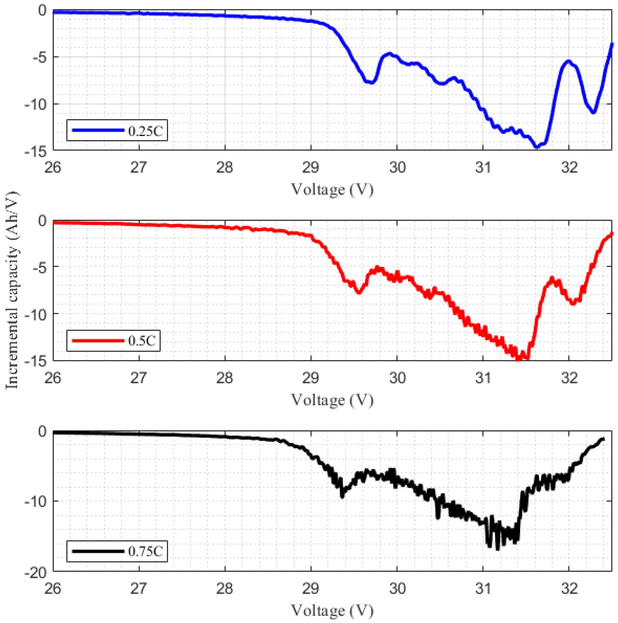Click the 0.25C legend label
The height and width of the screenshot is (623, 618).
pos(145,131)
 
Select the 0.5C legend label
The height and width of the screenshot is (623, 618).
pos(142,340)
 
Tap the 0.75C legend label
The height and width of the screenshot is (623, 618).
pos(145,551)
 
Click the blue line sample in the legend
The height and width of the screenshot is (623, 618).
pos(98,130)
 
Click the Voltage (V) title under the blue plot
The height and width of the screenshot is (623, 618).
pos(332,190)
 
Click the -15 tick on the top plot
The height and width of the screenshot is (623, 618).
pos(37,151)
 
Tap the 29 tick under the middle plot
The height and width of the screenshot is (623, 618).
pos(311,378)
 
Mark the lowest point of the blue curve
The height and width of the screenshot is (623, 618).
pos(536,147)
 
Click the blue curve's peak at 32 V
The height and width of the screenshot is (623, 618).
pos(568,61)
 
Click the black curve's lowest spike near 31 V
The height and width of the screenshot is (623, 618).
pos(498,549)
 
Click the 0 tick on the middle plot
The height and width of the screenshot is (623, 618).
pos(43,221)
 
